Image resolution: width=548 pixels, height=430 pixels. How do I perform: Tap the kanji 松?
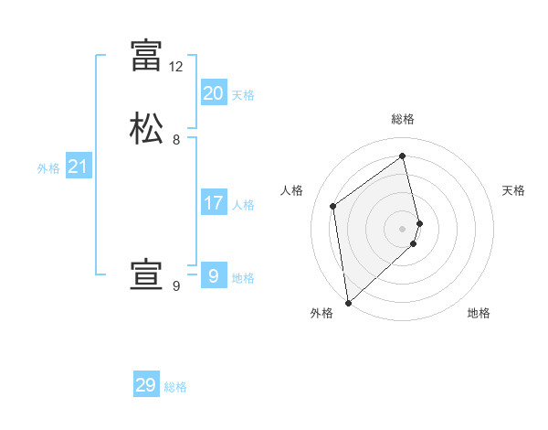pos(146,127)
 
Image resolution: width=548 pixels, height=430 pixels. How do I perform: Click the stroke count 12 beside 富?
pos(176,67)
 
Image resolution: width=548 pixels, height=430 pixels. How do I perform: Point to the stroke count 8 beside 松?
pos(176,140)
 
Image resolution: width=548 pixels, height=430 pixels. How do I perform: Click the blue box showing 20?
pos(213,92)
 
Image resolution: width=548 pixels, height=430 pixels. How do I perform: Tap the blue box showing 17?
pos(213,202)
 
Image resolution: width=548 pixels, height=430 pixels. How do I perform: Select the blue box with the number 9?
pos(213,275)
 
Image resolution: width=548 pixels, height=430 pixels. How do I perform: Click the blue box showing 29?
pos(146,385)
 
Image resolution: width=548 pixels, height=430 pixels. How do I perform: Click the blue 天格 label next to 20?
pos(243,95)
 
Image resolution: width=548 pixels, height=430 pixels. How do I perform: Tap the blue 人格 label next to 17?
pos(243,205)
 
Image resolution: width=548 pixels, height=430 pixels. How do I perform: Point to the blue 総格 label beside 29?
pos(175,388)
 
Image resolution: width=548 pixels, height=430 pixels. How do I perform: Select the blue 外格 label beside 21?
pos(48,168)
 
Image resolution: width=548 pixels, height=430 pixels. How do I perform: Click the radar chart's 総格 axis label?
pos(403,119)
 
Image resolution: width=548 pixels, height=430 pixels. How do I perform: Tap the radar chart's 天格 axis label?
pos(513,190)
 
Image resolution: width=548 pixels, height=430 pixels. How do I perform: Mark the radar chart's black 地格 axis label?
pos(479,313)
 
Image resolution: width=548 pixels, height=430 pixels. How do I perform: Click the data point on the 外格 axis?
pos(347,302)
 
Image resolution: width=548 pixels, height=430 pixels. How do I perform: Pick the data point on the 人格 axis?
pos(333,206)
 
